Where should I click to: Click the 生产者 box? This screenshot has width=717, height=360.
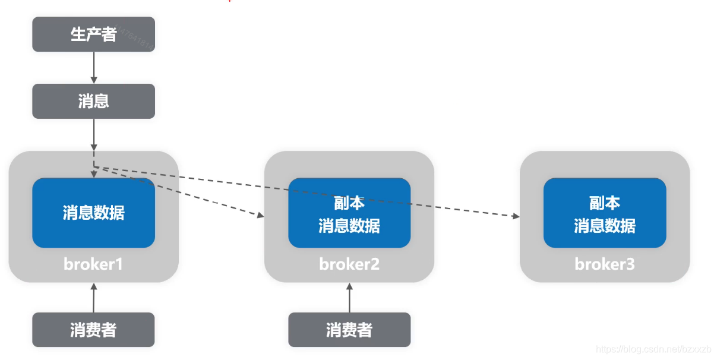click(x=93, y=34)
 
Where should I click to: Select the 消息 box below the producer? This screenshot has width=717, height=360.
click(x=93, y=101)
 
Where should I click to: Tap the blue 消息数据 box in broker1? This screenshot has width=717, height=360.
click(x=93, y=213)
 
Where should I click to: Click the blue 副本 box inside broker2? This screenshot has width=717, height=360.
click(x=349, y=213)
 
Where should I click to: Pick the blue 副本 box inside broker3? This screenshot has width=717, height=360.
click(x=605, y=213)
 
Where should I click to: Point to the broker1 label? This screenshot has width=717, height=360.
click(x=93, y=264)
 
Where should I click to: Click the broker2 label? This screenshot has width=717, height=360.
click(x=349, y=264)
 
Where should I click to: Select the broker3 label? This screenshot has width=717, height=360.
click(x=605, y=264)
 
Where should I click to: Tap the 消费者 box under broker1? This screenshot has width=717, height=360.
click(x=93, y=330)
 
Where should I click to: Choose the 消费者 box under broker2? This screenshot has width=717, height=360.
click(x=349, y=330)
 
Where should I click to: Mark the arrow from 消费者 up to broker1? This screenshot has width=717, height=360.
click(x=93, y=298)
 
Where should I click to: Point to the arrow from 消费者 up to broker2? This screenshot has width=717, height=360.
click(x=349, y=298)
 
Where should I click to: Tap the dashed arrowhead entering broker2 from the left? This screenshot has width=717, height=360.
click(x=260, y=216)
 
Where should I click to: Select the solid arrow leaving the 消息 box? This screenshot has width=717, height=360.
click(x=93, y=134)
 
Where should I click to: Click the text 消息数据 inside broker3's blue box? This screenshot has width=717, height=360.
click(x=605, y=226)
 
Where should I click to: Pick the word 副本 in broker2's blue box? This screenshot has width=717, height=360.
click(x=349, y=203)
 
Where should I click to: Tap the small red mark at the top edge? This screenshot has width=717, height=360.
click(x=229, y=1)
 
